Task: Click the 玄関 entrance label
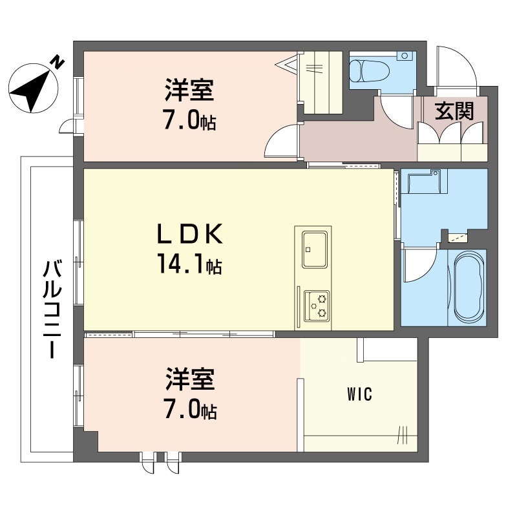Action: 453,111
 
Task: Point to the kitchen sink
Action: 313,248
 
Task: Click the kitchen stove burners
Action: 317,306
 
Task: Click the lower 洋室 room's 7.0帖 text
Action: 189,410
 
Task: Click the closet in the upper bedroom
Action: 319,82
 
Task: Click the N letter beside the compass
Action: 58,63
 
